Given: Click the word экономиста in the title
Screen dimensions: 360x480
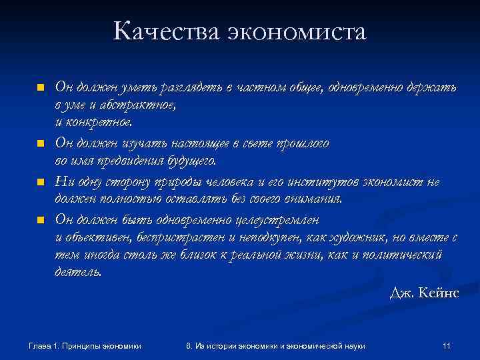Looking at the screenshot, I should pyautogui.click(x=298, y=31).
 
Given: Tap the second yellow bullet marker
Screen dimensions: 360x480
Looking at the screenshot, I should pyautogui.click(x=40, y=143).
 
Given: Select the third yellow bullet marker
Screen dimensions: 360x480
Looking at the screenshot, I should pyautogui.click(x=40, y=181).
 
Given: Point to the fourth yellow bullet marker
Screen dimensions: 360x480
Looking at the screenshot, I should pyautogui.click(x=40, y=219).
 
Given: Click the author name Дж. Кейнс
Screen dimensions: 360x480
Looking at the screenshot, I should pyautogui.click(x=424, y=293).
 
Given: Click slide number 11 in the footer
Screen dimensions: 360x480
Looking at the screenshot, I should pyautogui.click(x=447, y=345).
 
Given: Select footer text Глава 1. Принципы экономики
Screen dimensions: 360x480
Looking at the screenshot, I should pyautogui.click(x=84, y=345).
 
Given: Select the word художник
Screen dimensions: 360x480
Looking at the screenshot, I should pyautogui.click(x=359, y=237).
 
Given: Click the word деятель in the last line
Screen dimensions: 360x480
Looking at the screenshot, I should pyautogui.click(x=77, y=273).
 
